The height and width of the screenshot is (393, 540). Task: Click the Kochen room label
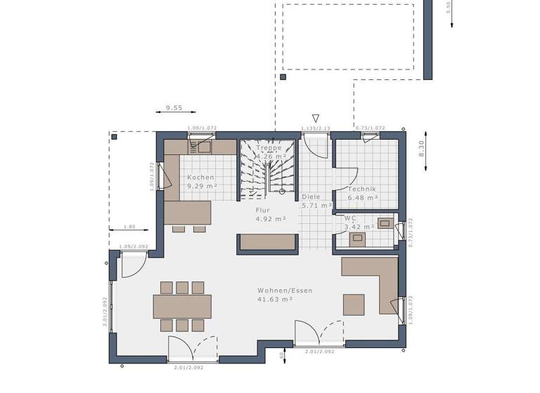point(200,178)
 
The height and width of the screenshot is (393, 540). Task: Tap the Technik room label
point(362,189)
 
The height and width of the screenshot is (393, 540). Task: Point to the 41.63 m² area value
point(275,299)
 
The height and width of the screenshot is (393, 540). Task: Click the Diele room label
point(311,197)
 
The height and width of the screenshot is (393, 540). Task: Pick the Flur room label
point(263,209)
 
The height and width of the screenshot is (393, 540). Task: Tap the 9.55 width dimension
point(174,108)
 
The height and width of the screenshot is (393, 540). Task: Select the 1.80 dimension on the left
point(129,227)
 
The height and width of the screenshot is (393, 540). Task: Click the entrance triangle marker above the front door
point(316,119)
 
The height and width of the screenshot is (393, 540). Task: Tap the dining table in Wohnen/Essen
point(182,306)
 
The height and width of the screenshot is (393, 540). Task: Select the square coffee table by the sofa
point(354,305)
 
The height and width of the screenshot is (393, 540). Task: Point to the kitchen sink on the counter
point(203,147)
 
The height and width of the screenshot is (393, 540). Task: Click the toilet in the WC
point(357,239)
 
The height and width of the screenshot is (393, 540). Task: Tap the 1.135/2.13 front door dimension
point(316,128)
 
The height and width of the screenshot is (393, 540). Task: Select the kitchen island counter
point(187,213)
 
